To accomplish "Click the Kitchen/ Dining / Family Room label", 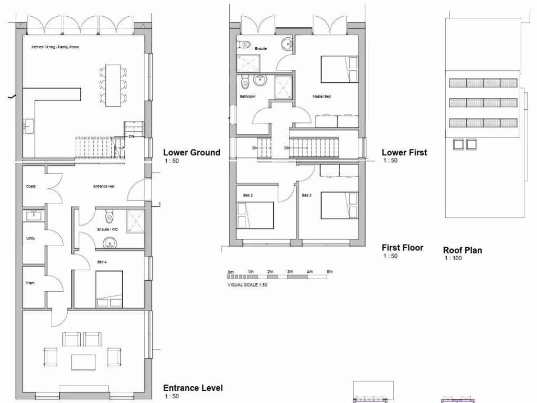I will (55, 48).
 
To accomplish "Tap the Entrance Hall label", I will (104, 186).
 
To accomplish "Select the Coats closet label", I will (31, 186).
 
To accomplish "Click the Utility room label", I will (31, 238).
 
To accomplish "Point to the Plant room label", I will (30, 282).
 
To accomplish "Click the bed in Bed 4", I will (109, 289).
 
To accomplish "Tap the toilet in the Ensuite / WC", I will (109, 216).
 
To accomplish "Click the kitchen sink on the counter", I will (27, 126).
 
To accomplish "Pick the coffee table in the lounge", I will (83, 362).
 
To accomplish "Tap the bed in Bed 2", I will (255, 215).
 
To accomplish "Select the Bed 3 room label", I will (307, 196).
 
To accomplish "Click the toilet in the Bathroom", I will (244, 83).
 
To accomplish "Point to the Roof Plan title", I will (463, 250).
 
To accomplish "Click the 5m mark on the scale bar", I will (329, 272).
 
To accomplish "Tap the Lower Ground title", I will (191, 153).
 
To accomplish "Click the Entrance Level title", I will (193, 388).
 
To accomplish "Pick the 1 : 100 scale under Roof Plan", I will (454, 258).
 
